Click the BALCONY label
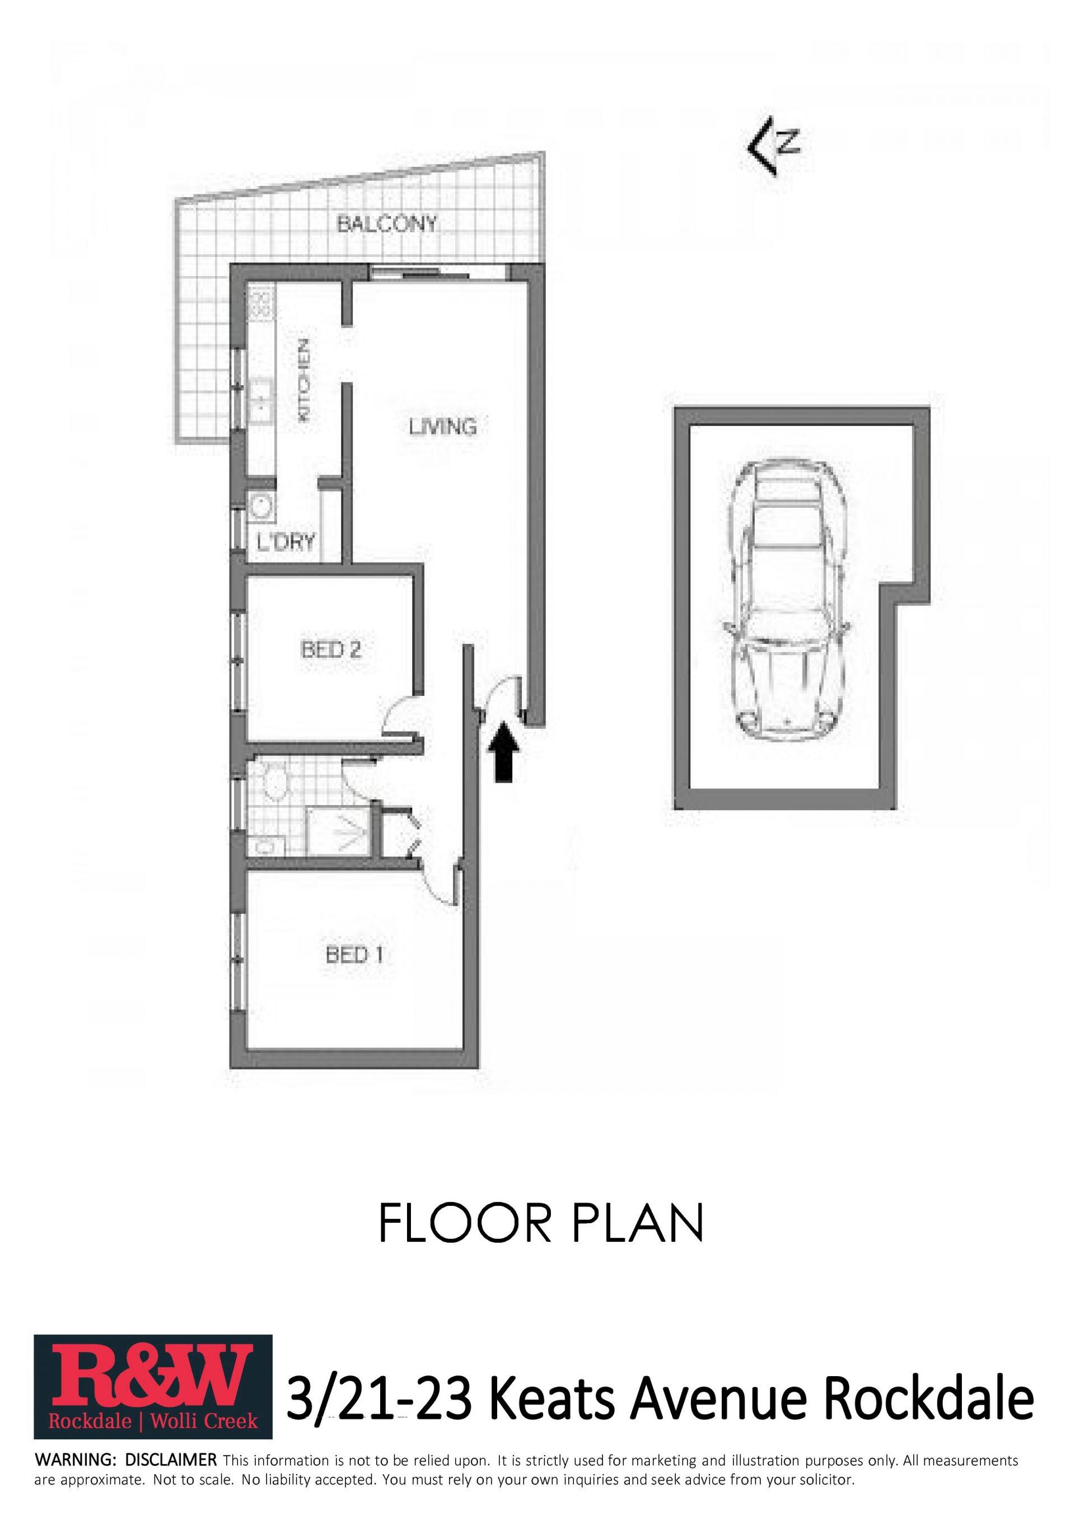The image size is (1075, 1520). pos(387,224)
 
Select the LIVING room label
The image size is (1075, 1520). pos(443,427)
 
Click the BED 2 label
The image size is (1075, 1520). pos(331,649)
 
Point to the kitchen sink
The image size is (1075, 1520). pos(261,400)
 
